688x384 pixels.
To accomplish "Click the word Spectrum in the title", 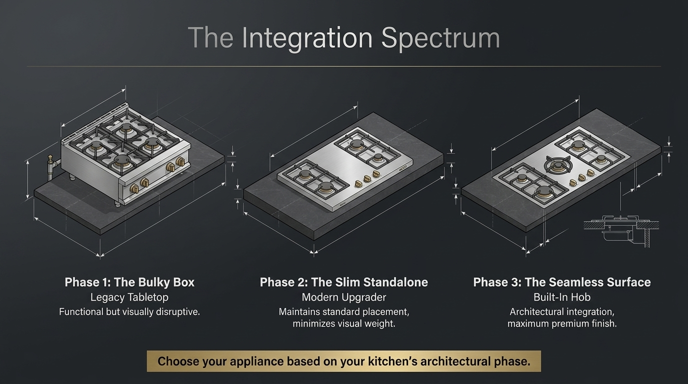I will click(x=440, y=38).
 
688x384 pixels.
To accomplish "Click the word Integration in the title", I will click(x=307, y=38).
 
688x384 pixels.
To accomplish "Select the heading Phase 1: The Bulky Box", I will click(x=129, y=282).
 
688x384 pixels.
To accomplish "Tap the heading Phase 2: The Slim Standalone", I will click(x=344, y=282).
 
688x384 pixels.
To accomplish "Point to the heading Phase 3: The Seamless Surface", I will click(x=562, y=282).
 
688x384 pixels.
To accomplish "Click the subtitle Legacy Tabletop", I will click(x=129, y=297).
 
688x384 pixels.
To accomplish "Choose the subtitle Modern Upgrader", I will click(x=344, y=297).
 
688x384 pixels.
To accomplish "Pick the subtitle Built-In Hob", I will click(x=562, y=297).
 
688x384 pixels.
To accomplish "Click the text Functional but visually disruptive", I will click(x=129, y=312).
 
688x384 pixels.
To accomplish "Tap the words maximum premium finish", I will click(x=562, y=323).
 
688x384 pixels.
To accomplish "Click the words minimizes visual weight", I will click(x=344, y=323).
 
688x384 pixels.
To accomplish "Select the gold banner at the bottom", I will click(x=344, y=361).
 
